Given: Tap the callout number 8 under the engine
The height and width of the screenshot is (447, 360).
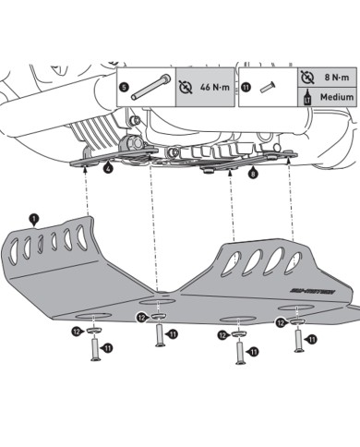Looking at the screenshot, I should (253, 172).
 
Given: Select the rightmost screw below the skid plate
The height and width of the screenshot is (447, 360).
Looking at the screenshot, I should (297, 340).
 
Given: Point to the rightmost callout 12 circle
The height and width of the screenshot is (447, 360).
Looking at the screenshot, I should (280, 321).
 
